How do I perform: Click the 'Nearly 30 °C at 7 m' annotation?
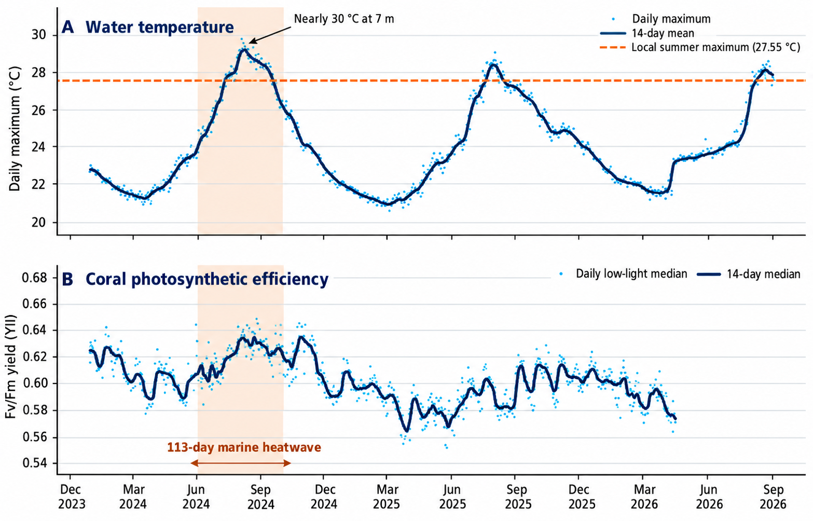click(343, 19)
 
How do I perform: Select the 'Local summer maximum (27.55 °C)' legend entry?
click(700, 47)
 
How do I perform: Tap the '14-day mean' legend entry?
click(647, 33)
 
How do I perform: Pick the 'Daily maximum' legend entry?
click(662, 19)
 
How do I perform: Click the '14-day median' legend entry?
click(749, 274)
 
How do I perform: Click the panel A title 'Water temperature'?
click(160, 27)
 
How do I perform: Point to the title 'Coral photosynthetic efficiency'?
click(207, 279)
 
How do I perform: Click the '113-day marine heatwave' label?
click(244, 447)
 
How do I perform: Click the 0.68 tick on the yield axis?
click(34, 278)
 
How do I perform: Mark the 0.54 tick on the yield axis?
click(34, 463)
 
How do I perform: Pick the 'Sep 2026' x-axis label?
click(773, 497)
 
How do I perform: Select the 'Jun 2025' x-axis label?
click(452, 497)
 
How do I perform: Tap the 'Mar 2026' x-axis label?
click(644, 497)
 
